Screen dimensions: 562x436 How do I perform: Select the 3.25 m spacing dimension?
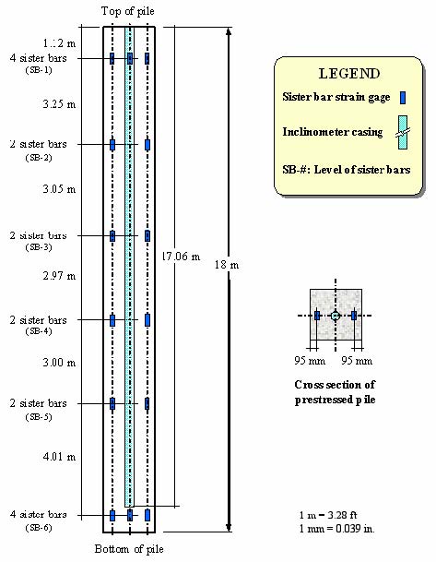[60, 105]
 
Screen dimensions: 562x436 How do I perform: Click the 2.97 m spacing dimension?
[60, 276]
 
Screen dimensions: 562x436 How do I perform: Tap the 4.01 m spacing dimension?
[60, 456]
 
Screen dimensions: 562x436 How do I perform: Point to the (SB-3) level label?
[39, 247]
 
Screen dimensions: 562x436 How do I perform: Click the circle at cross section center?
[336, 316]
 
